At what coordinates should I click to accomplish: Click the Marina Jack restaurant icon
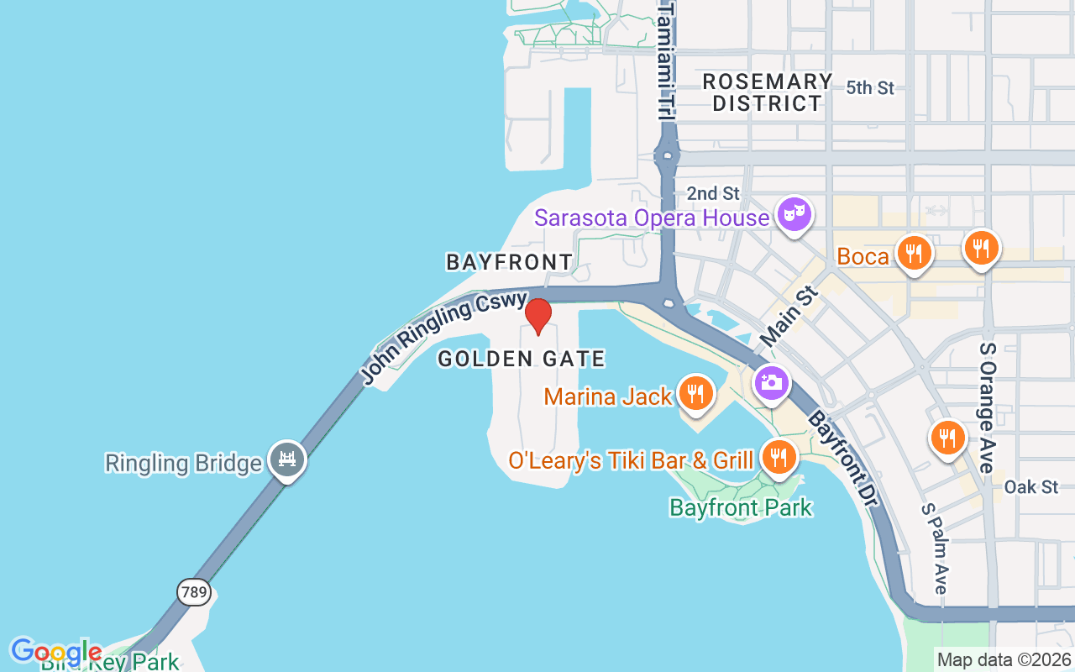(695, 394)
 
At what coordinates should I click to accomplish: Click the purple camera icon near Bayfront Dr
(771, 383)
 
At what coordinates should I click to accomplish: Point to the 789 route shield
(193, 591)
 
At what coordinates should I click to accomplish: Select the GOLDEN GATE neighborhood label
(522, 360)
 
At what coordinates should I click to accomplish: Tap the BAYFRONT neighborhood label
(509, 262)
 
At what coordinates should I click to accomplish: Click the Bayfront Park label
(741, 507)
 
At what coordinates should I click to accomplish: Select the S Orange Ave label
(988, 407)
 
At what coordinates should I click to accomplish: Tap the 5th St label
(870, 87)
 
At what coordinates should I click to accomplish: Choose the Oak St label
(1031, 487)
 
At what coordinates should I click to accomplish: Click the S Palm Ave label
(934, 549)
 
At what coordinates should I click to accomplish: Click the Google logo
(56, 651)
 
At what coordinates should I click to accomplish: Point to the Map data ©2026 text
(1004, 659)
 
